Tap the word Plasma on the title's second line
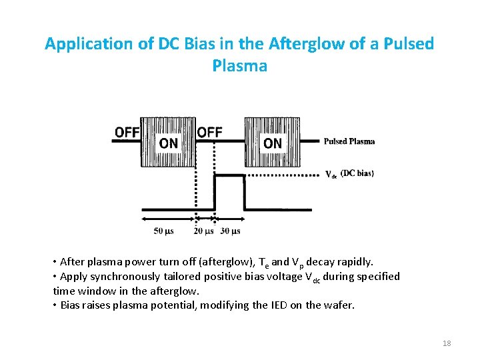239,66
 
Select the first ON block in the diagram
168,143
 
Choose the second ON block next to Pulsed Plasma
272,143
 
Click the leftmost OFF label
127,132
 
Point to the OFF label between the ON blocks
209,132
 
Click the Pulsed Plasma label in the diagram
349,141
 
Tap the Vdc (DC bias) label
349,174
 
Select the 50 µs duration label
165,231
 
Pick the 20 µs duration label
203,231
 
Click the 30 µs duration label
230,231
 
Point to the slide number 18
447,343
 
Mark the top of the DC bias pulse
229,174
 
